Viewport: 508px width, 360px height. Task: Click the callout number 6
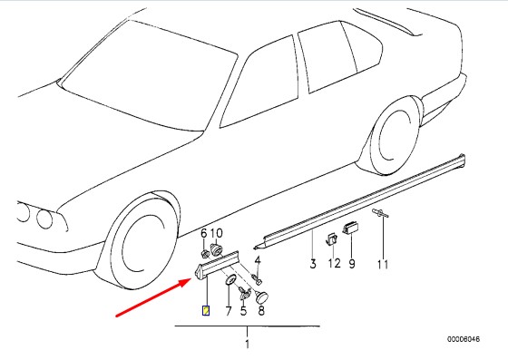pos(203,233)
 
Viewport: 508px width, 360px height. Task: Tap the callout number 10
pos(217,233)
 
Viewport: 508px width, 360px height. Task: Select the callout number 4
pos(258,260)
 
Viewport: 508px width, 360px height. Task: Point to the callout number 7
pos(229,311)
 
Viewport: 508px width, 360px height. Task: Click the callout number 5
pos(243,311)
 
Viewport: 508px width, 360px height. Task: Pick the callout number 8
pos(261,311)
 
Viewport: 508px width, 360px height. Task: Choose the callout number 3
pos(313,264)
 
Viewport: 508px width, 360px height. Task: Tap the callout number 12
pos(335,264)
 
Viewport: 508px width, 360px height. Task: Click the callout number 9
pos(352,264)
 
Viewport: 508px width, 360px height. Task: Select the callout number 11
pos(383,265)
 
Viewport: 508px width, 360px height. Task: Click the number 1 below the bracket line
pos(247,344)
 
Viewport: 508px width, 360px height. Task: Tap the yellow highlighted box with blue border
pos(206,311)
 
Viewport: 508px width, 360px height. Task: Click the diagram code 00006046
pos(464,339)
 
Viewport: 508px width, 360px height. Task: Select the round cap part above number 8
pos(262,297)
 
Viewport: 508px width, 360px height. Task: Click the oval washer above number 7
pos(230,279)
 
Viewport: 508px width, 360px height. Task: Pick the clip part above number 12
pos(331,239)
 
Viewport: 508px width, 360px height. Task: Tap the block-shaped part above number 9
pos(350,227)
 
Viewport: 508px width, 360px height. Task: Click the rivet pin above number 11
pos(380,213)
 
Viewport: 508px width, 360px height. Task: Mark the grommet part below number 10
pos(217,249)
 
